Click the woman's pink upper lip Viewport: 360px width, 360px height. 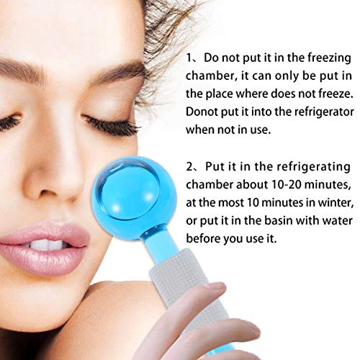pos(45,233)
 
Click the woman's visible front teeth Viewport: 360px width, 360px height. pos(48,244)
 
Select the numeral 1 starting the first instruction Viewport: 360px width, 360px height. pos(189,58)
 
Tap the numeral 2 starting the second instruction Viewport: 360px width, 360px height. pos(189,167)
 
